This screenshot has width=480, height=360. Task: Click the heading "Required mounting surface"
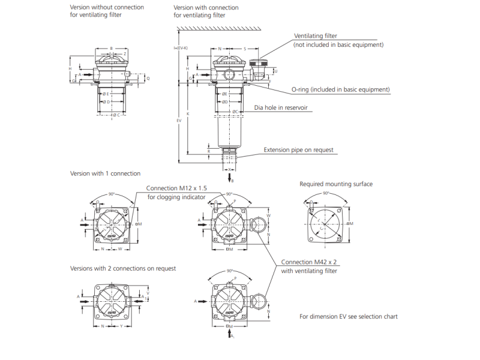pos(336,184)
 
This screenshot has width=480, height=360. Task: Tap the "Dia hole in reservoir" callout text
pos(281,108)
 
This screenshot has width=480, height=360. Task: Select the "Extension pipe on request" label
pos(299,150)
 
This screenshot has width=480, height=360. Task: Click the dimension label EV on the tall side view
pos(178,121)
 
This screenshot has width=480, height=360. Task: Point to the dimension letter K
pos(188,113)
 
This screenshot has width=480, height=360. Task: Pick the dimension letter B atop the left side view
pos(111,47)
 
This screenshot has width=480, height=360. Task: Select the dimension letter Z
pos(125,54)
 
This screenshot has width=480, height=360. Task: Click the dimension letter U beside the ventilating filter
pos(276,71)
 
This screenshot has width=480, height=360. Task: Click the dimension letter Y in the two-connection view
pos(121,326)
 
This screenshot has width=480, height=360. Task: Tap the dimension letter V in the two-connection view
pos(148,293)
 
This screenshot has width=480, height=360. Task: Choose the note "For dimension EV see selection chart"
pos(349,316)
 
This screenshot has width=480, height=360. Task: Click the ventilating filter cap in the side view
pos(261,62)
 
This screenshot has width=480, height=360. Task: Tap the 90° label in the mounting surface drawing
pos(326,194)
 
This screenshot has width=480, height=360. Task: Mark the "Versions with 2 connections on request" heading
pos(123,268)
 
